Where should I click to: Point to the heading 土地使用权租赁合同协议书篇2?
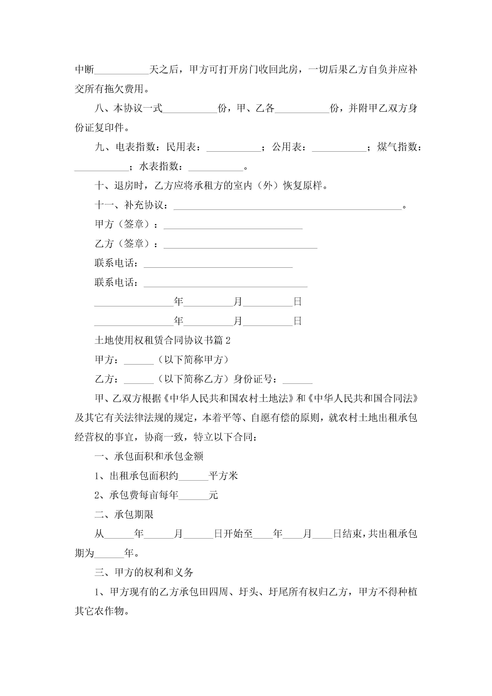pyautogui.click(x=162, y=340)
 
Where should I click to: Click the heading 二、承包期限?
pyautogui.click(x=124, y=515)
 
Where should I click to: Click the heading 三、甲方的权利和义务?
pyautogui.click(x=144, y=573)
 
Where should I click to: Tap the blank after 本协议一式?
pyautogui.click(x=190, y=109)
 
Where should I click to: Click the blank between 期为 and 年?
pyautogui.click(x=109, y=554)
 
